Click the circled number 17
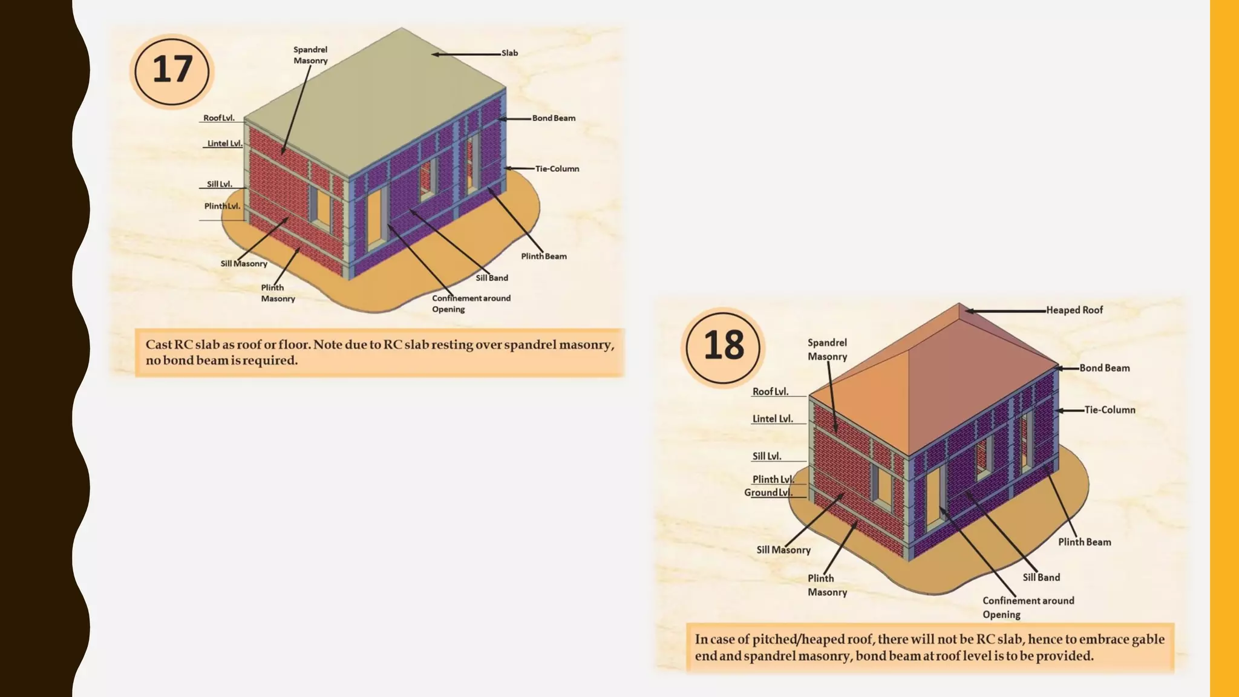pyautogui.click(x=172, y=70)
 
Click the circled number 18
pyautogui.click(x=723, y=346)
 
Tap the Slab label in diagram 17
pyautogui.click(x=509, y=53)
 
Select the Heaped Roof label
pyautogui.click(x=1074, y=310)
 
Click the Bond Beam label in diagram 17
pyautogui.click(x=554, y=119)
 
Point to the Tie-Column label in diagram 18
pyautogui.click(x=1109, y=410)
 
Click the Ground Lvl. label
pyautogui.click(x=768, y=492)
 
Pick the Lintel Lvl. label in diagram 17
pyautogui.click(x=224, y=144)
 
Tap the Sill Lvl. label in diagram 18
pyautogui.click(x=767, y=457)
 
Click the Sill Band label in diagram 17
pyautogui.click(x=491, y=278)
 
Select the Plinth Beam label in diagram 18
pyautogui.click(x=1084, y=542)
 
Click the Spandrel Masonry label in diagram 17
pyautogui.click(x=310, y=55)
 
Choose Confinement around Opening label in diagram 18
pyautogui.click(x=1027, y=607)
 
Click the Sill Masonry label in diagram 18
pyautogui.click(x=783, y=550)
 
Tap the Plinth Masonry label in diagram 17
pyautogui.click(x=278, y=293)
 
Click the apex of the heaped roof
pyautogui.click(x=959, y=304)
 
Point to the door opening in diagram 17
pyautogui.click(x=376, y=217)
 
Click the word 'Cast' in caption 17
pyautogui.click(x=159, y=345)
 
